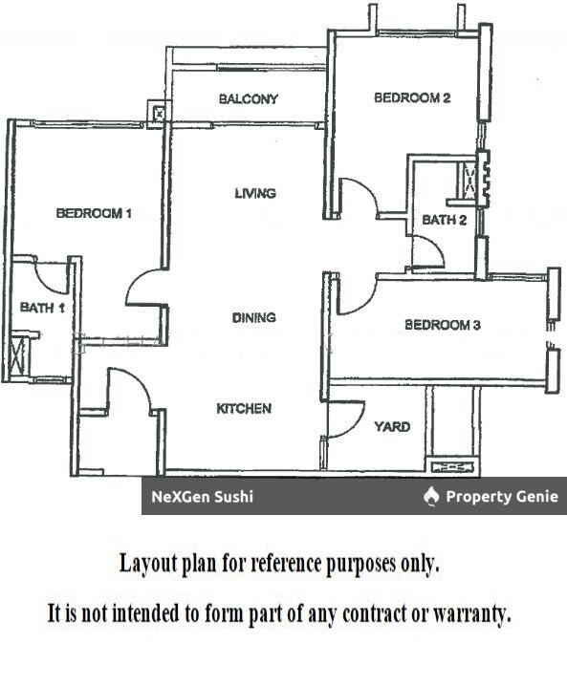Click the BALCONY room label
(x=249, y=99)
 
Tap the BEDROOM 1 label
(x=94, y=213)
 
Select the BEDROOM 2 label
(x=412, y=97)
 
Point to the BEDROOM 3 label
(x=443, y=325)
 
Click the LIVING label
(x=255, y=193)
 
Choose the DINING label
(x=254, y=317)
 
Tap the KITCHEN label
(x=244, y=409)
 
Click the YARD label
(x=392, y=427)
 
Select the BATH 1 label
(x=42, y=308)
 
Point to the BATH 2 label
(x=445, y=220)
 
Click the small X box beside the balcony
(x=159, y=115)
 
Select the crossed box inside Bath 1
(x=17, y=355)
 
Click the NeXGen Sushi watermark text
(x=202, y=497)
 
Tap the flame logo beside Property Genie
(x=431, y=497)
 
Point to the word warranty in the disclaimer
(x=471, y=614)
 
